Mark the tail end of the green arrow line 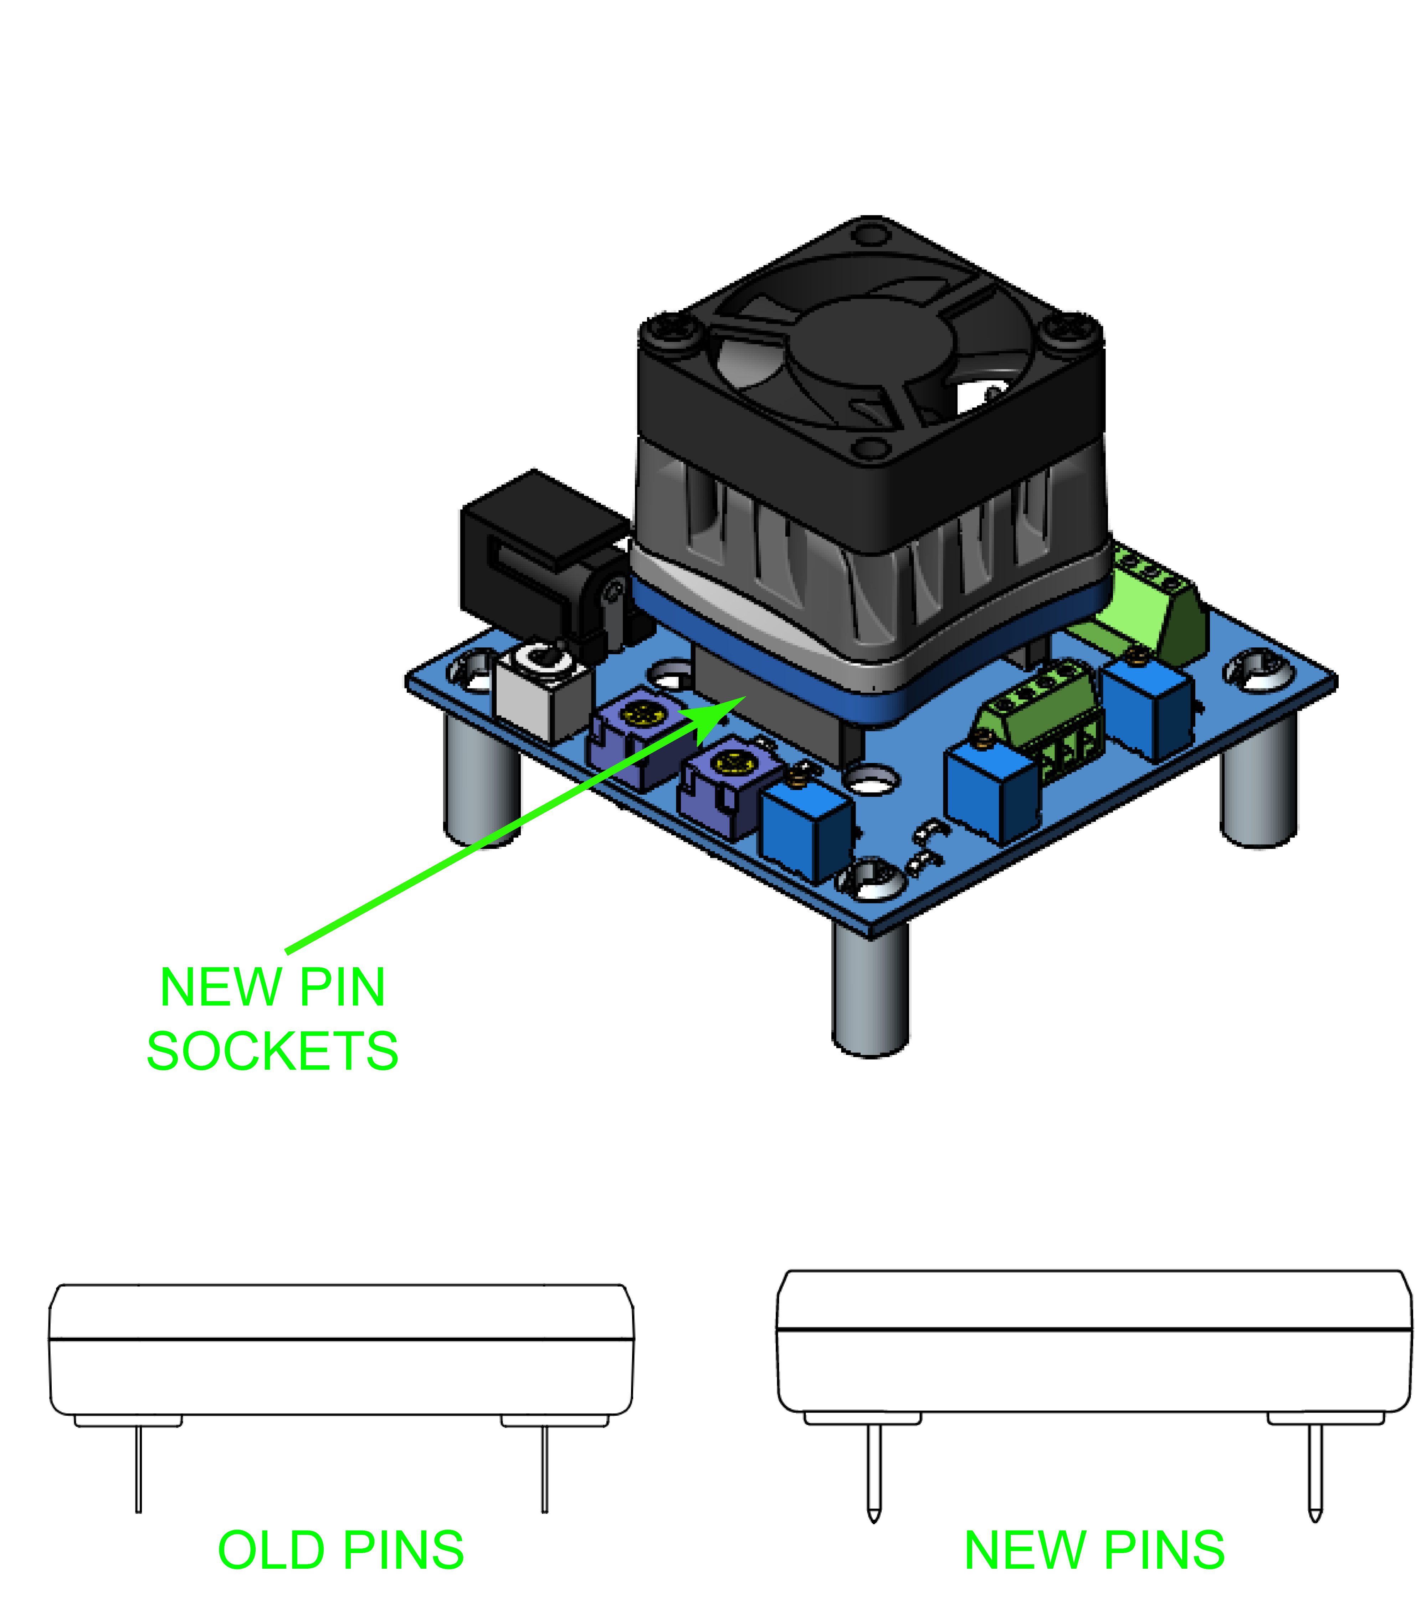click(x=287, y=952)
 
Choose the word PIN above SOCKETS click(x=343, y=987)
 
